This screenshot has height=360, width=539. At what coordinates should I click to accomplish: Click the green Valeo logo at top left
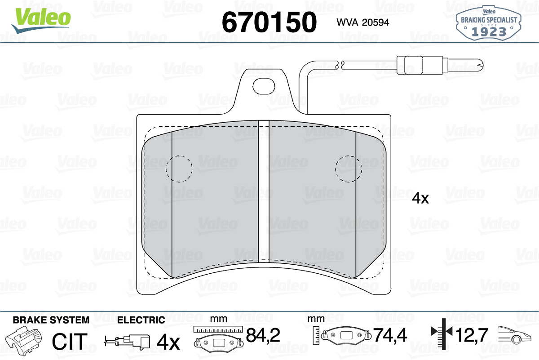[41, 20]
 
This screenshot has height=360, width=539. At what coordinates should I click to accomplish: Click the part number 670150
[269, 22]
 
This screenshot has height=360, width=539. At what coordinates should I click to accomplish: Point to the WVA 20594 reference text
[362, 22]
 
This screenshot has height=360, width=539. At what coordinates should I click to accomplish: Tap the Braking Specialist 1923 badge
[489, 23]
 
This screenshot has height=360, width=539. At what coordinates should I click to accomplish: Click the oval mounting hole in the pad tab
[264, 86]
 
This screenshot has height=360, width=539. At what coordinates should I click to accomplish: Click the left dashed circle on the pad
[179, 169]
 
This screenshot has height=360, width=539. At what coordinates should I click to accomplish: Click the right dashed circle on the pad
[349, 169]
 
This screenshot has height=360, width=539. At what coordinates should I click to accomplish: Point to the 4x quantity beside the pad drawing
[420, 199]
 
